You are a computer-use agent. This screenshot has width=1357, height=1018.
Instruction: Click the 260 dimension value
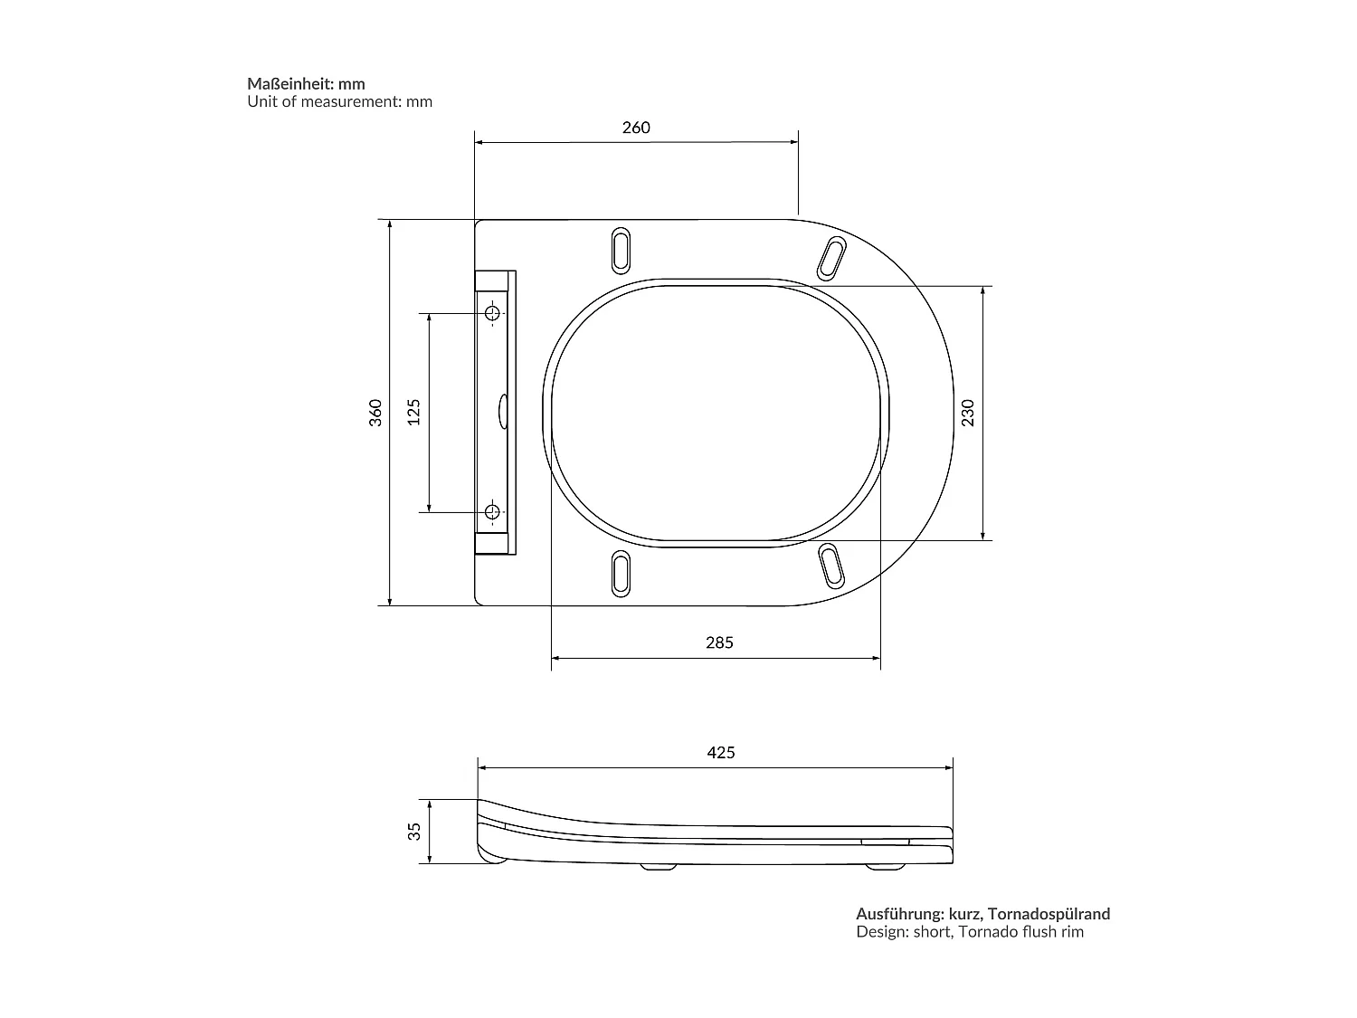click(636, 128)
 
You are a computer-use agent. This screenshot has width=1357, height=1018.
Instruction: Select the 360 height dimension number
click(376, 412)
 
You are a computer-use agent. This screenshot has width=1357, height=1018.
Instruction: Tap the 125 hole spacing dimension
click(414, 412)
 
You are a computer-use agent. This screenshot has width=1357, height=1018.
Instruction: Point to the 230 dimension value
click(968, 413)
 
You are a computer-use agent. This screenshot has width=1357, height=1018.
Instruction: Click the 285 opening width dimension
click(719, 643)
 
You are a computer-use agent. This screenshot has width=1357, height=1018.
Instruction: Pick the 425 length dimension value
click(720, 753)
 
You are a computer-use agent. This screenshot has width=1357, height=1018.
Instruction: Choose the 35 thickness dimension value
click(414, 831)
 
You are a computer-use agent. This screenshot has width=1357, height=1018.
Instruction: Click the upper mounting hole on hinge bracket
click(492, 313)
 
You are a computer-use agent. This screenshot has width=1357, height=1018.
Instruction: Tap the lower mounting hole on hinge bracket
click(492, 512)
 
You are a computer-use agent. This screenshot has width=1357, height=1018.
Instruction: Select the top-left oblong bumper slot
click(622, 249)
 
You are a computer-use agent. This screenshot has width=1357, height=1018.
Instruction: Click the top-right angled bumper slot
click(831, 258)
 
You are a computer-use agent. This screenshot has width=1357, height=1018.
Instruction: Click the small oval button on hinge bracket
click(503, 412)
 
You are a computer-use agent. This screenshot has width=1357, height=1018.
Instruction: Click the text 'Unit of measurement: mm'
click(340, 102)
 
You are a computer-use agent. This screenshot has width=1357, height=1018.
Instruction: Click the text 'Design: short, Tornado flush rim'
click(970, 932)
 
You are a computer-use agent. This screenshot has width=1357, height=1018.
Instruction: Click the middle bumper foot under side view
click(658, 867)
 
